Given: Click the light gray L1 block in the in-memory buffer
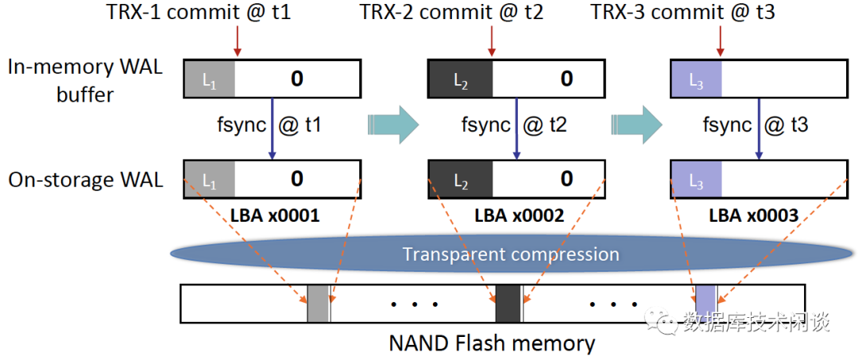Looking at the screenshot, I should [210, 79].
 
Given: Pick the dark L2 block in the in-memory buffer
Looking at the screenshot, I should [461, 79].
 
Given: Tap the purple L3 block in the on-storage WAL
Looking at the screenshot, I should [696, 180].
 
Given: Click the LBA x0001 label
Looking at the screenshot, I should [275, 215].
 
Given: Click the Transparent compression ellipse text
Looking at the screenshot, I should [510, 254].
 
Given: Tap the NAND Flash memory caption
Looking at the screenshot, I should [492, 343].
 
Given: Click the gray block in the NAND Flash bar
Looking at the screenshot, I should [318, 304].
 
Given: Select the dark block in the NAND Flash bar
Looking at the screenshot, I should [508, 304].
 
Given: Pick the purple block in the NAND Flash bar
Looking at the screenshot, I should [705, 304].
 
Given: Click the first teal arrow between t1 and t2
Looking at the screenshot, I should [393, 124].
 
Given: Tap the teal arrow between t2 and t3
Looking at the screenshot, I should [636, 124].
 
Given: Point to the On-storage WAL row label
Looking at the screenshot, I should [85, 180].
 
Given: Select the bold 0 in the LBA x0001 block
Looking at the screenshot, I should [296, 178].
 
